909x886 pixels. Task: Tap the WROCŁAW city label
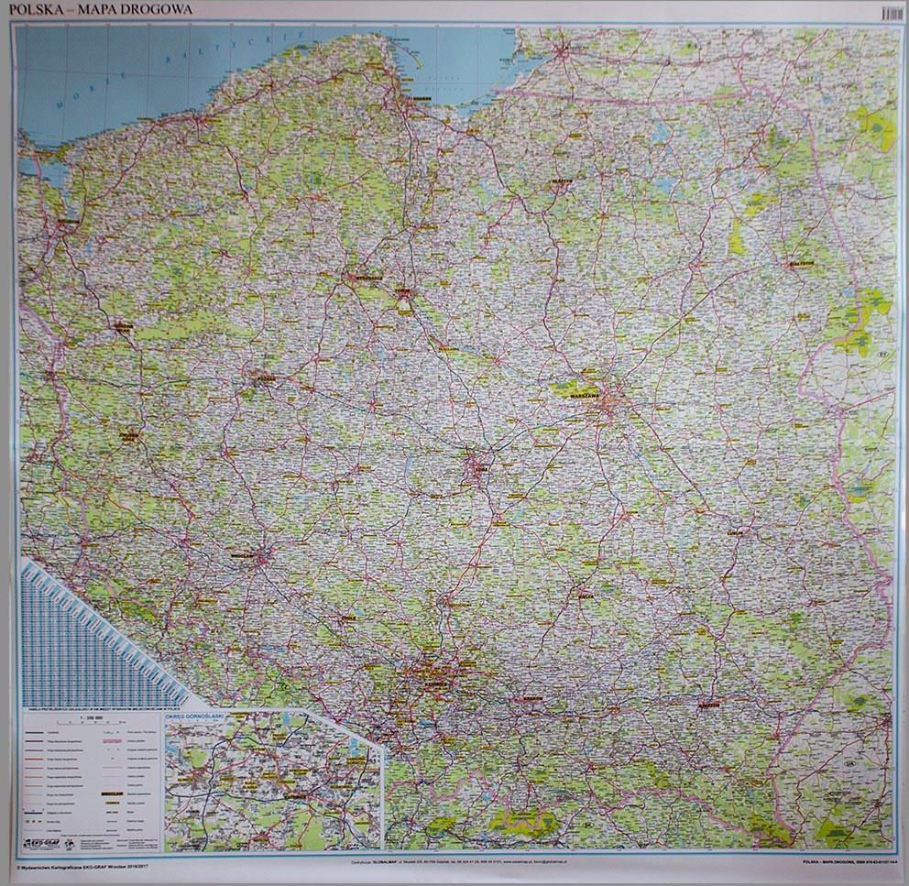pos(242,555)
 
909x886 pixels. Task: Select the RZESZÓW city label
pos(707,706)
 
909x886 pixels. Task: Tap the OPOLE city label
pos(347,618)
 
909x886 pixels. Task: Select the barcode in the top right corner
pos(890,14)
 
